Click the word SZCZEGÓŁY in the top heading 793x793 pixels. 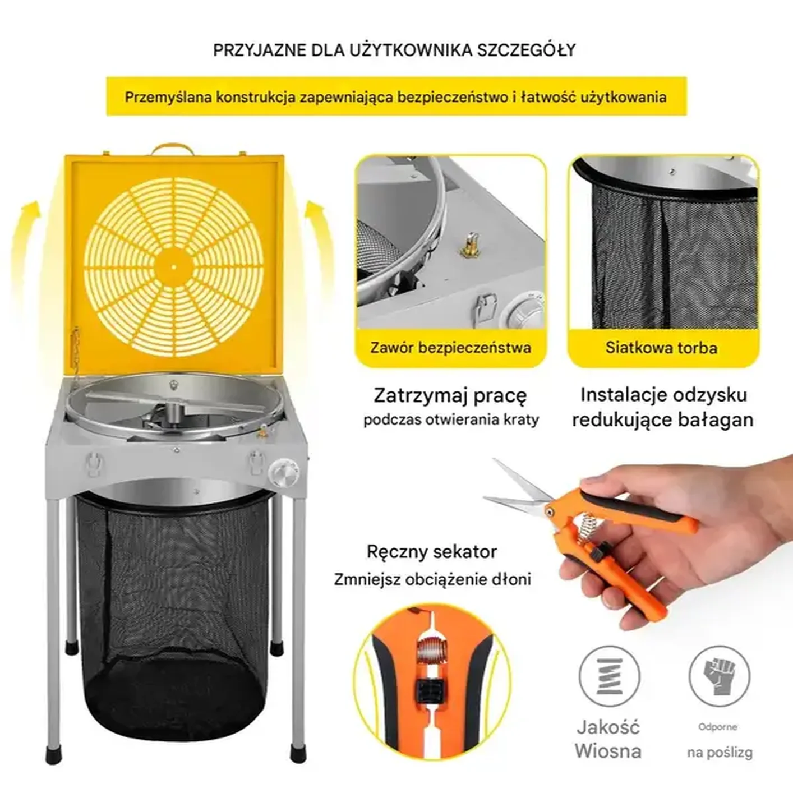coord(526,50)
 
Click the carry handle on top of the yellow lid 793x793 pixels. coord(173,149)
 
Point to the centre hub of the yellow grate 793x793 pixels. coord(174,267)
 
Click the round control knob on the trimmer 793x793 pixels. coord(283,471)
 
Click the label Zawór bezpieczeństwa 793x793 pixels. coord(450,348)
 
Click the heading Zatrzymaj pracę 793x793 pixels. coord(450,395)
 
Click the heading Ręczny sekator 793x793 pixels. coord(432,552)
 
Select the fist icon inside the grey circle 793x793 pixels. coord(720,676)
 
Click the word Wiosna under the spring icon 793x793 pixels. coord(608,751)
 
